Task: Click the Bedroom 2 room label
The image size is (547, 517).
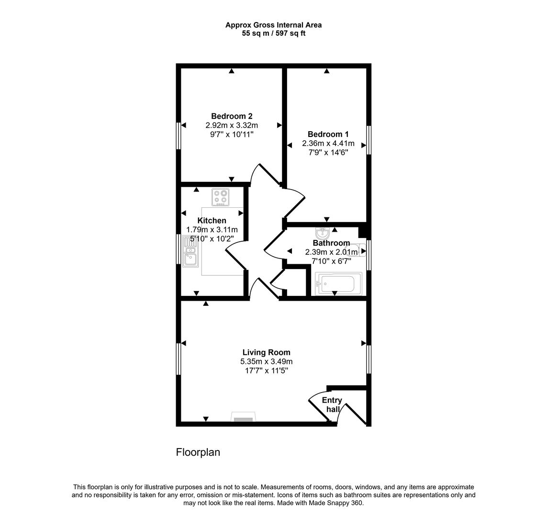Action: pyautogui.click(x=232, y=116)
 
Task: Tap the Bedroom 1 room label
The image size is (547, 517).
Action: pyautogui.click(x=328, y=135)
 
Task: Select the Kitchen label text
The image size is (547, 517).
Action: pyautogui.click(x=212, y=221)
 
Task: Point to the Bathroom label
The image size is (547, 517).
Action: pyautogui.click(x=331, y=243)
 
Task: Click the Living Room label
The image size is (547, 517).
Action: pyautogui.click(x=266, y=353)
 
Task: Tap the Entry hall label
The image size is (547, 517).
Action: pyautogui.click(x=332, y=405)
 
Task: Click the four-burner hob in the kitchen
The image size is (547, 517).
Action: pyautogui.click(x=221, y=197)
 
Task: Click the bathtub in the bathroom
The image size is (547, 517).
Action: pyautogui.click(x=338, y=283)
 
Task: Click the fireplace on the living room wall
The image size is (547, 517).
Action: pyautogui.click(x=243, y=417)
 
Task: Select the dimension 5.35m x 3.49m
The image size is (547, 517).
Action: pyautogui.click(x=266, y=362)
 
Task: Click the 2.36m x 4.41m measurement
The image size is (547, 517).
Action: pyautogui.click(x=328, y=144)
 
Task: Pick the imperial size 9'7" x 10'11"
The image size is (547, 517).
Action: pyautogui.click(x=232, y=135)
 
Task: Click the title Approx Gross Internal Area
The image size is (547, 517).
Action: pyautogui.click(x=274, y=25)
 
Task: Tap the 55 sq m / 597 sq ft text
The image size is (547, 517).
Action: pyautogui.click(x=274, y=34)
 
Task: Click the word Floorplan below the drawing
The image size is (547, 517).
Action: pyautogui.click(x=198, y=452)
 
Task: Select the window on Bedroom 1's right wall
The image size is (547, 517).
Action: pyautogui.click(x=369, y=140)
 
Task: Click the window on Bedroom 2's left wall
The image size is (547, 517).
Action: pyautogui.click(x=178, y=135)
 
